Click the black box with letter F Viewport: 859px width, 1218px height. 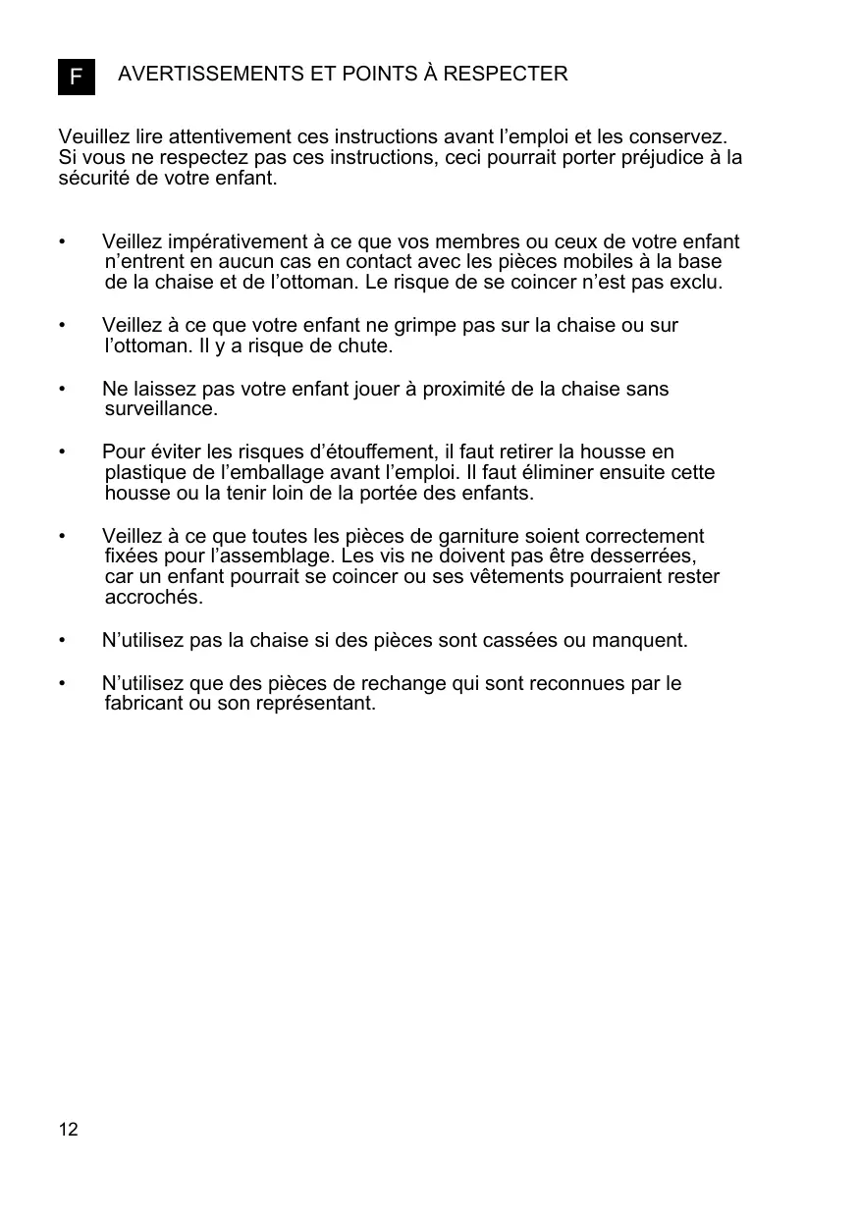pos(77,76)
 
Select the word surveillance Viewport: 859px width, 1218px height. pos(161,409)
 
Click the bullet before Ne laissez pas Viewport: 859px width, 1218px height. pos(62,390)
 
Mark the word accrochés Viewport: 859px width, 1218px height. pos(153,598)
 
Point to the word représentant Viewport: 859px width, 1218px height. pos(313,704)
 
